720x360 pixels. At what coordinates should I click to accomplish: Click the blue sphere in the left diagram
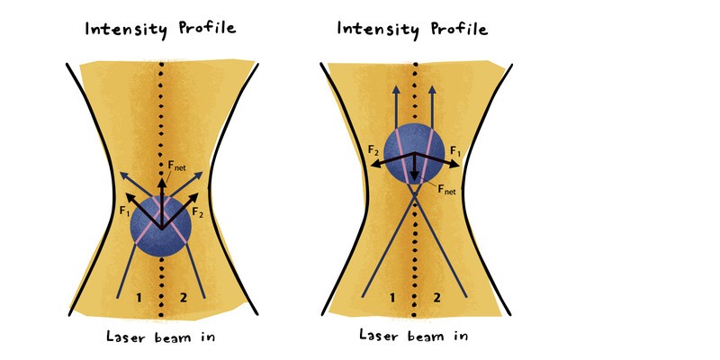click(161, 227)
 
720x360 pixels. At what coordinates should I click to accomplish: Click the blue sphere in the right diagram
click(414, 155)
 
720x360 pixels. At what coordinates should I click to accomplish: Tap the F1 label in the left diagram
click(124, 212)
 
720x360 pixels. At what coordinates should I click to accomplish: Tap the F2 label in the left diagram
click(198, 211)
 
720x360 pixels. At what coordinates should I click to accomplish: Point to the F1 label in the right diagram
click(455, 150)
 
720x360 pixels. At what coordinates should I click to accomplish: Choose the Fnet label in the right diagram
click(446, 189)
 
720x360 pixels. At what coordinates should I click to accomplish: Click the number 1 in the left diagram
click(139, 298)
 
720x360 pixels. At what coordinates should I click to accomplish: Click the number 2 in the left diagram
click(184, 298)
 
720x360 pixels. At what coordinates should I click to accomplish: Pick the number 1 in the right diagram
click(392, 298)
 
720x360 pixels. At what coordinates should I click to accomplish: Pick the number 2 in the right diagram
click(436, 298)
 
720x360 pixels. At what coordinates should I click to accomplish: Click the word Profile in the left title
click(207, 29)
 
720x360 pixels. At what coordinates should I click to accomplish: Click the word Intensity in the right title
click(378, 30)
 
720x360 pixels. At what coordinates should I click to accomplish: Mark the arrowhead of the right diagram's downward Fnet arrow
click(415, 176)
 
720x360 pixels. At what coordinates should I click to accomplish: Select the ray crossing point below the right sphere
click(415, 194)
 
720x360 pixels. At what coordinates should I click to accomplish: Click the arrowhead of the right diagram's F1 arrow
click(454, 165)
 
